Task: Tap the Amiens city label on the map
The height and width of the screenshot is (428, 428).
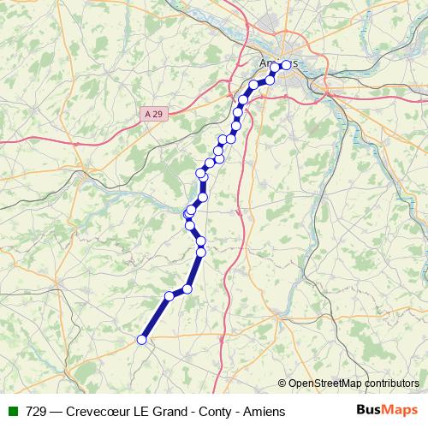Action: point(277,62)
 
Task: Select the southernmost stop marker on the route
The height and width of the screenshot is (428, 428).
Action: point(142,340)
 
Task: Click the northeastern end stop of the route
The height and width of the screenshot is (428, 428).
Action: point(286,65)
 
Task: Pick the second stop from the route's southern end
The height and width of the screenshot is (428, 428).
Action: point(169,297)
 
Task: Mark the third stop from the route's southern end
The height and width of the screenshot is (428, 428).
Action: point(187,288)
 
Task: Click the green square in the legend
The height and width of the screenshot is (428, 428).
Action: point(13,412)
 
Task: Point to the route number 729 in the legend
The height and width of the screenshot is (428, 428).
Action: point(37,412)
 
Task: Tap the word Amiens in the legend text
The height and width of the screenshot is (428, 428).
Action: point(265,412)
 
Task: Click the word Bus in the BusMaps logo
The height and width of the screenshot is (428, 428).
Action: point(370,410)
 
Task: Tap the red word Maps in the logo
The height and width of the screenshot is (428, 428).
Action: point(401,410)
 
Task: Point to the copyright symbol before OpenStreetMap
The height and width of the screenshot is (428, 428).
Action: point(282,383)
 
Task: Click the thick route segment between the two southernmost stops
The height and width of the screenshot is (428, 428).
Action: point(156,318)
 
